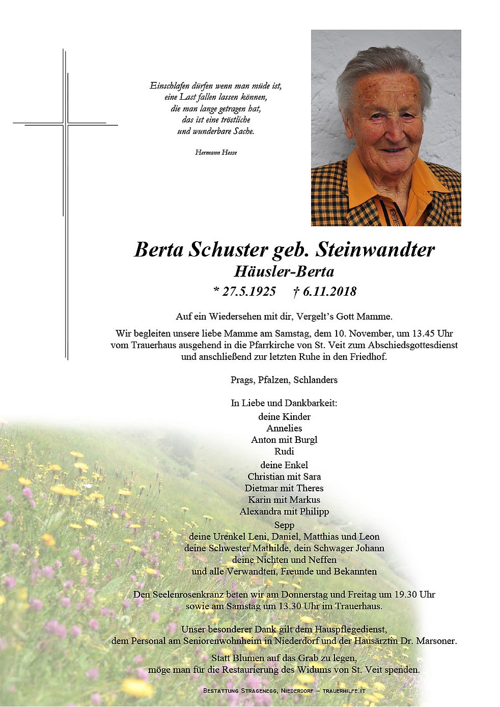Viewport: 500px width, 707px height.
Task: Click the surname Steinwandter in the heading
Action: tap(375, 249)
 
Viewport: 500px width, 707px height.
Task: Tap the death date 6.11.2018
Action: tap(329, 291)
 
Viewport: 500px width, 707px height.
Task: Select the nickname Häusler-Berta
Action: tap(284, 271)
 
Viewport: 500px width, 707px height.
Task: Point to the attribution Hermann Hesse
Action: tap(216, 152)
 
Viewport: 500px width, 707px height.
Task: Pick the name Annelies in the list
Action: tap(284, 428)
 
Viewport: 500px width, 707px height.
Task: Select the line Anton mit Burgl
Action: tap(284, 440)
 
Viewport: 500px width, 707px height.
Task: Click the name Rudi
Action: tap(284, 451)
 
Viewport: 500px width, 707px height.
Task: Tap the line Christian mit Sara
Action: tap(284, 476)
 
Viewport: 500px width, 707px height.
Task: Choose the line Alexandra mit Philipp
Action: tap(284, 512)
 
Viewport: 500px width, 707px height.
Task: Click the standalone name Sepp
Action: tap(284, 525)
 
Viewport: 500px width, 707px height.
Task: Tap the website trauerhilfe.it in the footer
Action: tap(344, 691)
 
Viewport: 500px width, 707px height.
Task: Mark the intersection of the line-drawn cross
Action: tap(66, 124)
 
